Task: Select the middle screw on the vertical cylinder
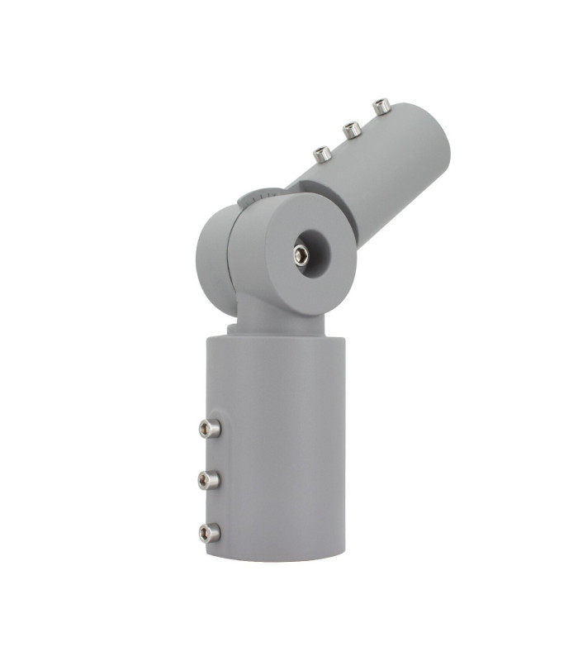208,479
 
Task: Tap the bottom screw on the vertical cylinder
208,533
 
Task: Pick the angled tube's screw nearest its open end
381,106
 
